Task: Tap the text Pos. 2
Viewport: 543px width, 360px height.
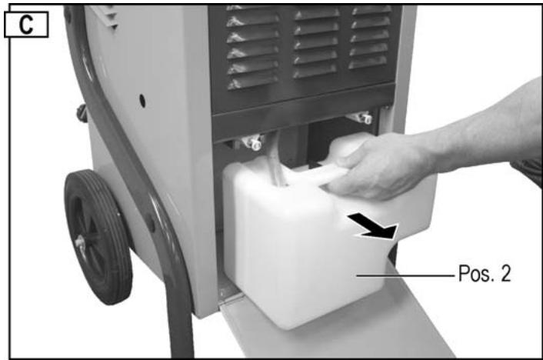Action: point(485,273)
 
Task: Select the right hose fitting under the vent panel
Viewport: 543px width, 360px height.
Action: point(361,118)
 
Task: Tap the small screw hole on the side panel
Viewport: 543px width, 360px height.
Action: point(144,99)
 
